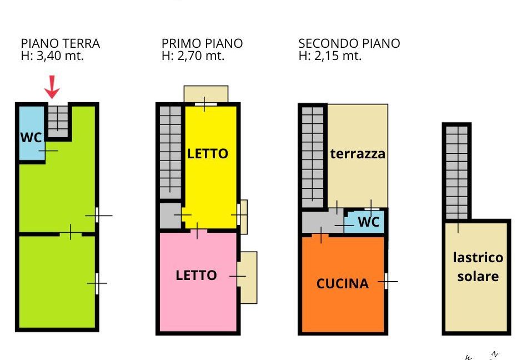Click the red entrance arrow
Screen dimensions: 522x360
coord(52,87)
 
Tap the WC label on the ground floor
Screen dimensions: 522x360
coord(31,137)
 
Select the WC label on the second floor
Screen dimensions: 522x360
coord(369,222)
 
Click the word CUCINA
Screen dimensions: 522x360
coord(343,283)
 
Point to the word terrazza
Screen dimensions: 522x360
coord(358,153)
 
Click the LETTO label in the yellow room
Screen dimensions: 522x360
coord(207,153)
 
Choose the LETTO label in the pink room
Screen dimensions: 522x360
coord(196,275)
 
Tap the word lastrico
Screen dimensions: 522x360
coord(478,257)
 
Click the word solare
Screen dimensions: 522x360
coord(478,276)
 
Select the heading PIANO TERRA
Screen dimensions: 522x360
coord(61,43)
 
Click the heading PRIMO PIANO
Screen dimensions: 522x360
coord(202,43)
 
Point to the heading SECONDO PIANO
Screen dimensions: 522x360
coord(349,43)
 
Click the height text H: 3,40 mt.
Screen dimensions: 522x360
coord(52,56)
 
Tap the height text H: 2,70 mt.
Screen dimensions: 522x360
coord(193,56)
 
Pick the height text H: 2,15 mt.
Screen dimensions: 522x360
coord(330,56)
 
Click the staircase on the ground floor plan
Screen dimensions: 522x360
coord(58,121)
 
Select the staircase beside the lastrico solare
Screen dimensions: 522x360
coord(456,173)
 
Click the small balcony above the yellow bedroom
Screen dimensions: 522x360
coord(206,94)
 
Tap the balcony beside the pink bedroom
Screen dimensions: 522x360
coord(248,277)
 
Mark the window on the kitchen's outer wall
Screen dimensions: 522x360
coord(386,282)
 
